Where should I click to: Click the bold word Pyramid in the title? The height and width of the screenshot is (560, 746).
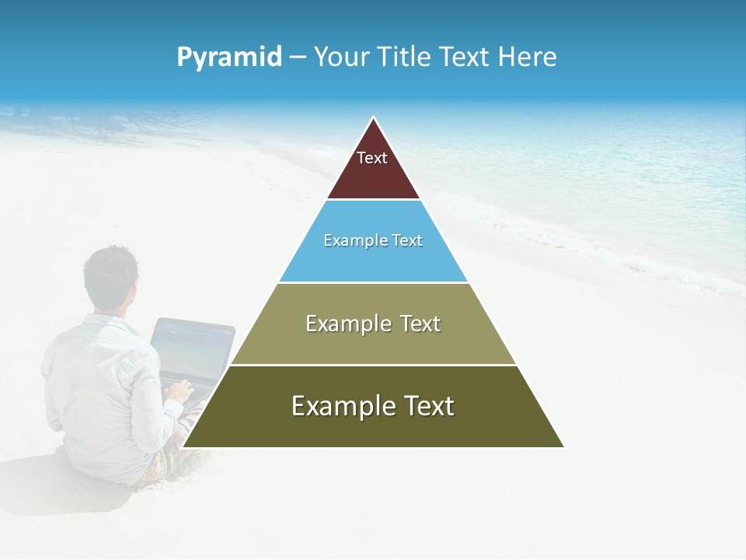point(229,58)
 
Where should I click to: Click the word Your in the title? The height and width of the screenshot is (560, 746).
point(343,57)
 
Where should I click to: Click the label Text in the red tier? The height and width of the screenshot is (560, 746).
point(372,158)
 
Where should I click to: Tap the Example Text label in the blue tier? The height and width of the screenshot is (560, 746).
point(373,240)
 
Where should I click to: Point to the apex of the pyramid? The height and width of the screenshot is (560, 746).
point(374,118)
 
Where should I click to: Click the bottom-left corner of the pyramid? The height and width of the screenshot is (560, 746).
point(183,446)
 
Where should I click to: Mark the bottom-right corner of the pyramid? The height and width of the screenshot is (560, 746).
point(563,446)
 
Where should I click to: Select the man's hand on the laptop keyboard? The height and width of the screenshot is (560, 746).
point(180,389)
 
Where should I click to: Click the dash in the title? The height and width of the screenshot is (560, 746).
point(298,58)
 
